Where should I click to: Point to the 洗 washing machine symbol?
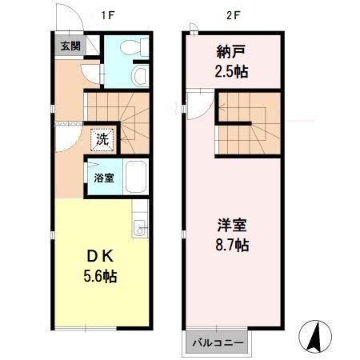102,138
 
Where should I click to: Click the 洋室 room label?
231,223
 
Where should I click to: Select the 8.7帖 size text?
231,244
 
